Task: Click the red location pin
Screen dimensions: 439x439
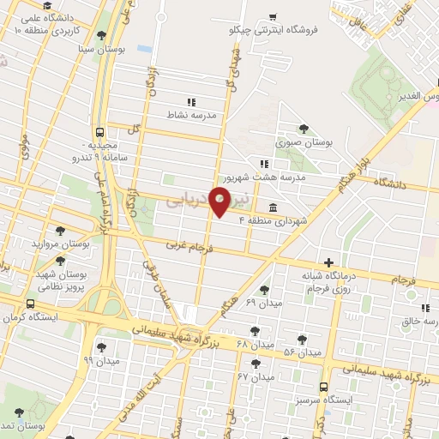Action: click(220, 202)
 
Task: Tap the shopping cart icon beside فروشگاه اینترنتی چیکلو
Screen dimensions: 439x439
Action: click(272, 16)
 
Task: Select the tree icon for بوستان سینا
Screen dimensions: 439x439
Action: click(102, 36)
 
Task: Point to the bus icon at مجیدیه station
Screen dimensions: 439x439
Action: click(101, 133)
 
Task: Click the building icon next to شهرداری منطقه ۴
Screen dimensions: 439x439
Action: click(272, 207)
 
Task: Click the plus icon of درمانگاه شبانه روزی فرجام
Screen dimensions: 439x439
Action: click(329, 262)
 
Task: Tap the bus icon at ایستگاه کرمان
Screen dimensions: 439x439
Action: click(31, 304)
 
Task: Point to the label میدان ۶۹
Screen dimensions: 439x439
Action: click(263, 304)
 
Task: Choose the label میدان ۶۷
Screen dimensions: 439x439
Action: click(255, 376)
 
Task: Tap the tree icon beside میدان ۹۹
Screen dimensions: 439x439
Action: click(101, 346)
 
